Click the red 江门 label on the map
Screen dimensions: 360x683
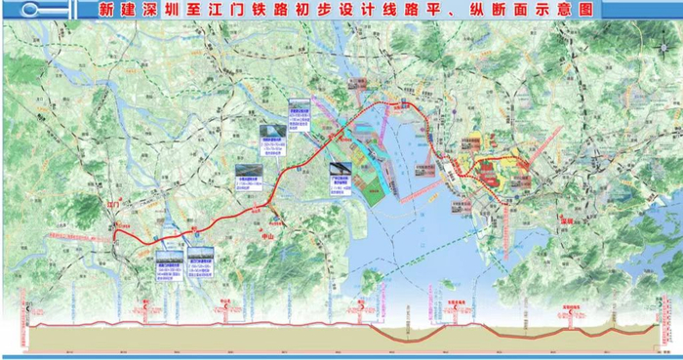pyautogui.click(x=114, y=206)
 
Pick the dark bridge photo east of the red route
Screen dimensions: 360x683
pyautogui.click(x=341, y=172)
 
